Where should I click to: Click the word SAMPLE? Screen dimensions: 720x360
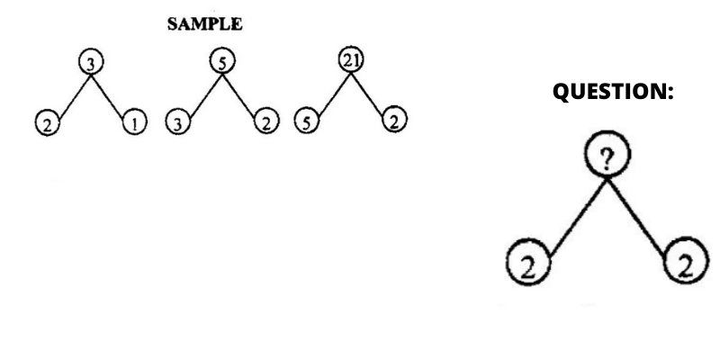click(205, 24)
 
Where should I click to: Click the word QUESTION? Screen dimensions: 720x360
click(608, 91)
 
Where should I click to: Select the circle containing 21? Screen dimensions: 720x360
click(351, 60)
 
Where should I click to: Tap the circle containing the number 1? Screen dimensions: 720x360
click(134, 123)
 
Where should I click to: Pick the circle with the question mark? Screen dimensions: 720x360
click(607, 154)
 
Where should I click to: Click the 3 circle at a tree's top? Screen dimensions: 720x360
click(91, 62)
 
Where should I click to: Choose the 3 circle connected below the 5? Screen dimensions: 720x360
click(177, 122)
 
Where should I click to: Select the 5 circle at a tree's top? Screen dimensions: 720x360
click(222, 61)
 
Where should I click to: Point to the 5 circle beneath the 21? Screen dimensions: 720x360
click(306, 121)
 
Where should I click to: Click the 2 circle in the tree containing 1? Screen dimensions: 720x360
click(48, 123)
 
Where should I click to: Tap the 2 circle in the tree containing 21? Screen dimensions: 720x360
click(394, 120)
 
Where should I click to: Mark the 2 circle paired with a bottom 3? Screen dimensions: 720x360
click(266, 121)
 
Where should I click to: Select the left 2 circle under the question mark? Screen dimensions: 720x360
click(528, 262)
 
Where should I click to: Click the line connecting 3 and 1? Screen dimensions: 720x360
click(108, 95)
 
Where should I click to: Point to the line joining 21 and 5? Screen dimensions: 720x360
click(335, 94)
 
